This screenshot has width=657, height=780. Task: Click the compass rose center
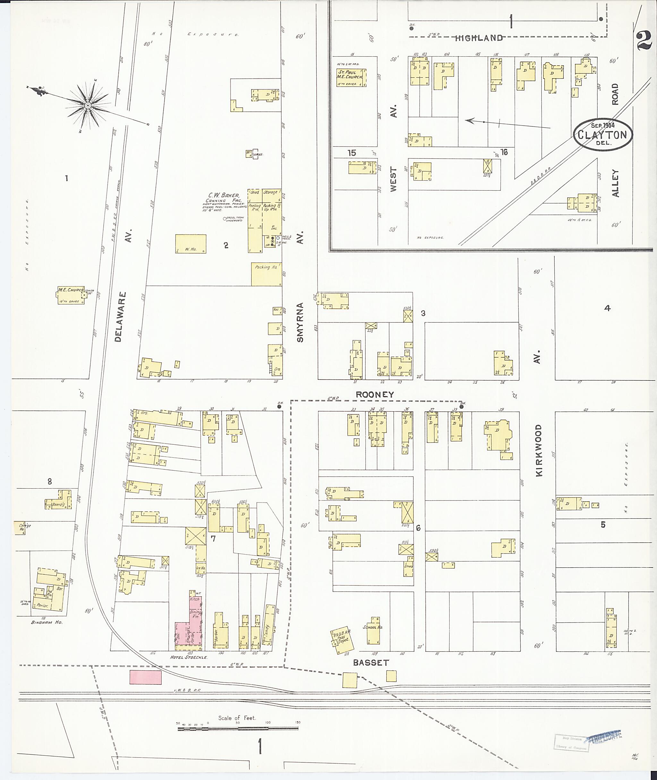88,106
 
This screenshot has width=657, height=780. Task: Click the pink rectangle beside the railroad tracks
145,678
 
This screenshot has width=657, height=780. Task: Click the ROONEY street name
374,394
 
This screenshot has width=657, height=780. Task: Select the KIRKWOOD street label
539,451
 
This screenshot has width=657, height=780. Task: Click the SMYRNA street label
300,322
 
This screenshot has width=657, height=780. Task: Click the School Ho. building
373,631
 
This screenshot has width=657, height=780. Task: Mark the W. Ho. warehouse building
190,244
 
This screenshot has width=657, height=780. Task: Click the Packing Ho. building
266,274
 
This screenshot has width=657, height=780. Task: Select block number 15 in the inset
352,153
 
